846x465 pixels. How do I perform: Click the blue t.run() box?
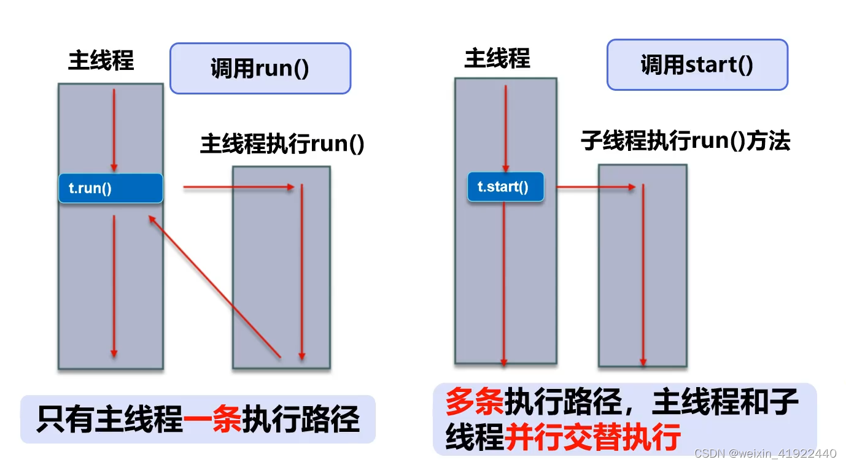111,188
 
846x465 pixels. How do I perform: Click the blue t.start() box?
505,187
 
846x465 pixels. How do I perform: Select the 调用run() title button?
260,68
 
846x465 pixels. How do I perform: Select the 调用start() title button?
697,65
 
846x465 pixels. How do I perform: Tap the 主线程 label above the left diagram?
101,61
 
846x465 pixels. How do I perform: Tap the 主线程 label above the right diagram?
497,59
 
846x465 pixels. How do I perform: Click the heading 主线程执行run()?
282,145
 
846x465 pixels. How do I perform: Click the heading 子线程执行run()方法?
685,142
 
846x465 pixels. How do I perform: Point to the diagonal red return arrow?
215,286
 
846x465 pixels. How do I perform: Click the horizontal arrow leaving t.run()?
239,187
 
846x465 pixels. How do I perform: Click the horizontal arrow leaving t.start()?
596,187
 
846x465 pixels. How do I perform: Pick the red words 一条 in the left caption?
213,420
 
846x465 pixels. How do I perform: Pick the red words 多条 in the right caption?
474,402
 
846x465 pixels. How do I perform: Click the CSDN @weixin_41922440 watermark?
765,454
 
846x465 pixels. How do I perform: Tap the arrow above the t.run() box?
114,130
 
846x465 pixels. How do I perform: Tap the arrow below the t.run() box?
114,285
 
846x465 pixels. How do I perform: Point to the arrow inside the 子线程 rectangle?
643,273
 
